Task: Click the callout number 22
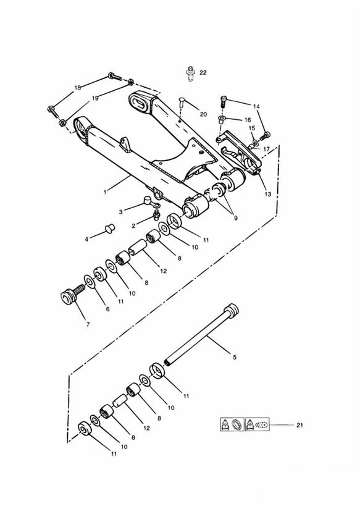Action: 203,73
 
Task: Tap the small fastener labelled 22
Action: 191,74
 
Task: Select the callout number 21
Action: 299,425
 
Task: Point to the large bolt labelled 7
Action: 72,293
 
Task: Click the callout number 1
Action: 105,192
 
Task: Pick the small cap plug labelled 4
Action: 110,227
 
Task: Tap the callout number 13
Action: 268,194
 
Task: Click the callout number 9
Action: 236,218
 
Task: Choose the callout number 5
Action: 235,358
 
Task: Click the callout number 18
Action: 77,88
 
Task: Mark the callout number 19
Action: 95,98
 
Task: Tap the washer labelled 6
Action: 90,281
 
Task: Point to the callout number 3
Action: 121,212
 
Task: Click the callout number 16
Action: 248,120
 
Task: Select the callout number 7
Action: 88,324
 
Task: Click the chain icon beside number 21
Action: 257,424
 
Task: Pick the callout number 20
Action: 203,114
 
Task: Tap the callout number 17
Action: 266,149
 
